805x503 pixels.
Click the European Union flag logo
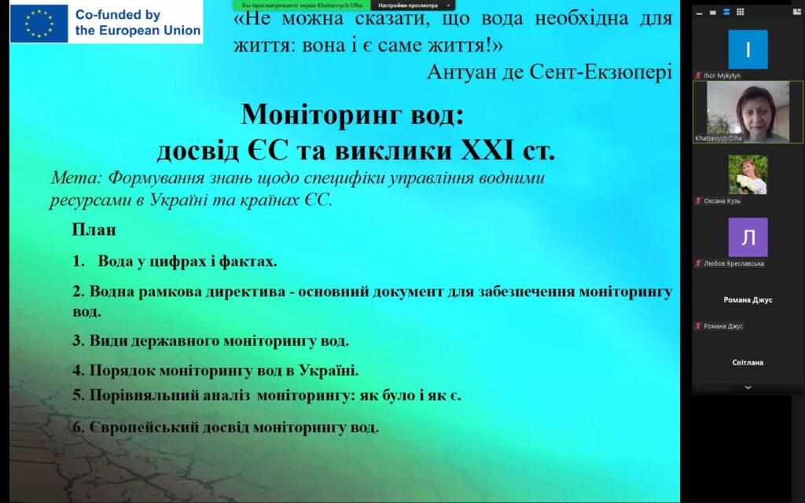click(39, 24)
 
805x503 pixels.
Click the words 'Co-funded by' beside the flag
click(118, 15)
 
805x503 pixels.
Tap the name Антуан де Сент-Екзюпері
click(550, 72)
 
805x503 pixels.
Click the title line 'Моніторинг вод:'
click(352, 114)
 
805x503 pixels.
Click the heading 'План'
click(94, 229)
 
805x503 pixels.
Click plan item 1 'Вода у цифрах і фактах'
click(175, 261)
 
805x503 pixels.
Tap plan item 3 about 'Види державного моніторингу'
click(211, 341)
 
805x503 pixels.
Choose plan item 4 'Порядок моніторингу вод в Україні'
click(215, 370)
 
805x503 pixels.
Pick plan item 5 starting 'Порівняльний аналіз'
click(266, 395)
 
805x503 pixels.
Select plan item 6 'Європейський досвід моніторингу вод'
click(226, 427)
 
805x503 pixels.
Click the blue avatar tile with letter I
click(748, 50)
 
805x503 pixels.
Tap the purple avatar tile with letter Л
click(748, 237)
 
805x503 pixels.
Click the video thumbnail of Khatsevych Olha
click(748, 112)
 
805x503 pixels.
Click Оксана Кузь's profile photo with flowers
click(748, 174)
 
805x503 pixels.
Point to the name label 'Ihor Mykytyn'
click(722, 75)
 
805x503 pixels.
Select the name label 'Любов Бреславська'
click(733, 263)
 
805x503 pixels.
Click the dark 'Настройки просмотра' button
click(413, 6)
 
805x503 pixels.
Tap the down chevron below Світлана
click(748, 387)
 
